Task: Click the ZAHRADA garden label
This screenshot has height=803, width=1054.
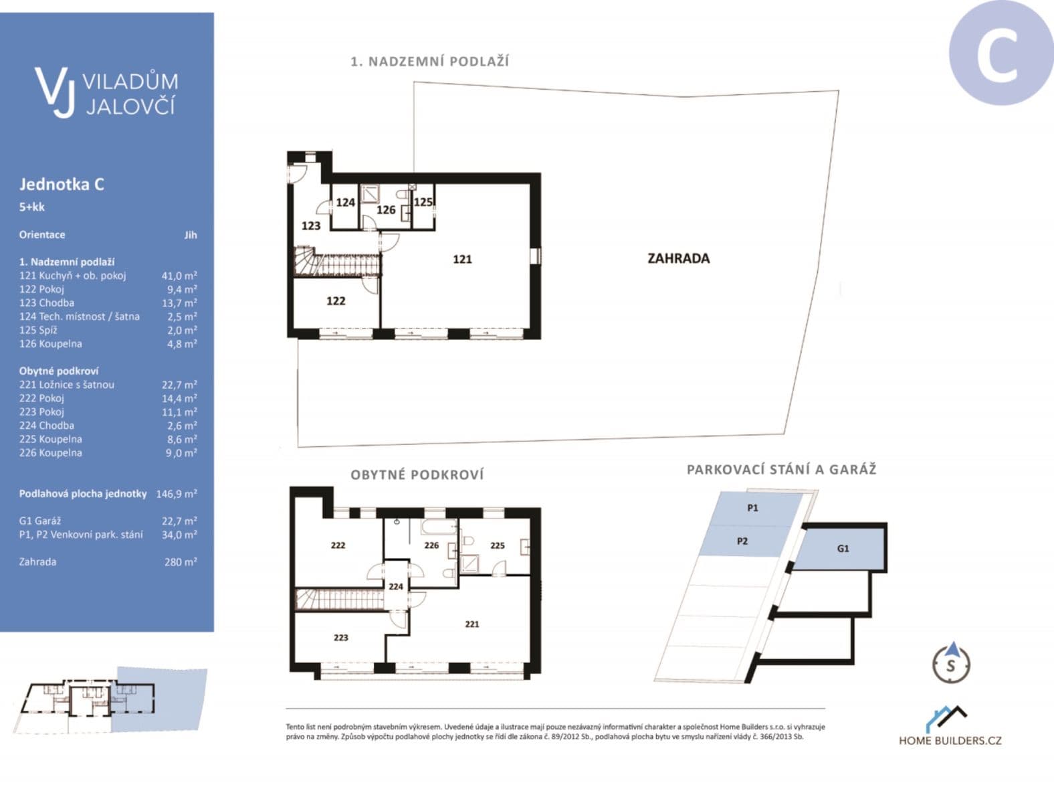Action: (678, 258)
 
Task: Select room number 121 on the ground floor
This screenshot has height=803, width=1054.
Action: (462, 259)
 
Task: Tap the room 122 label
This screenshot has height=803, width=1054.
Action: (336, 301)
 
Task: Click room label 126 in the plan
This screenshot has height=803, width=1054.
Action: (386, 210)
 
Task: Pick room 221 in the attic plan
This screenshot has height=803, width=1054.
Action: (472, 624)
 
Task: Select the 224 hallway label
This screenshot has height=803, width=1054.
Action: (396, 586)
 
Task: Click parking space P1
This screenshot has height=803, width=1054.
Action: (752, 508)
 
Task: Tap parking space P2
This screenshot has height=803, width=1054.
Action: (742, 541)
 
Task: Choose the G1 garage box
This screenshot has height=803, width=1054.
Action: (843, 548)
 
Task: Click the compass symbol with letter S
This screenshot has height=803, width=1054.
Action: (951, 663)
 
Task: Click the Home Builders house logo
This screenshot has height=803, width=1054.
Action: (946, 719)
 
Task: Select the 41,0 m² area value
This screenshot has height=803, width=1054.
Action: (179, 276)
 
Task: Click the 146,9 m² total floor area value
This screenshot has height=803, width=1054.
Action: (177, 494)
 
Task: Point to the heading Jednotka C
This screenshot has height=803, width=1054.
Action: (62, 184)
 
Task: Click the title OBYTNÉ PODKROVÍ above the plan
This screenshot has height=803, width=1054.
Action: (417, 474)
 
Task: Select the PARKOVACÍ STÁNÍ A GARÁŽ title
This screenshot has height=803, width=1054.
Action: (781, 469)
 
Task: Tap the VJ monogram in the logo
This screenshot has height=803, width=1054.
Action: (54, 92)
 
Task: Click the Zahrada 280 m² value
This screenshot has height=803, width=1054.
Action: (181, 562)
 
